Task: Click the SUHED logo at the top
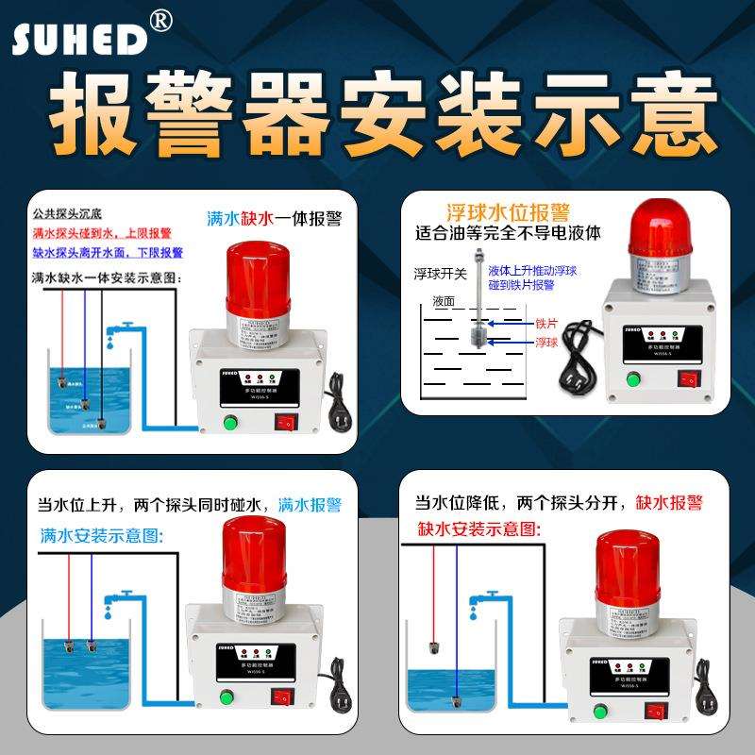80,38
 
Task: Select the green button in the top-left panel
229,421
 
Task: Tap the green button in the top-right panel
632,379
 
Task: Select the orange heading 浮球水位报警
508,210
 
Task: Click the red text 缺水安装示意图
479,528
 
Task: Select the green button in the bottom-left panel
226,699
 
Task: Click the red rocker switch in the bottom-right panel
649,700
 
